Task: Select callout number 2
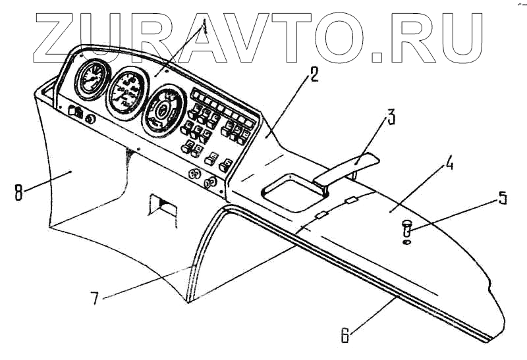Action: pos(314,74)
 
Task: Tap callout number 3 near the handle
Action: pos(391,119)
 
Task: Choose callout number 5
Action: pos(503,197)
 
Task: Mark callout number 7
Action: pos(96,297)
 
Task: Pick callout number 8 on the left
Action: pos(18,193)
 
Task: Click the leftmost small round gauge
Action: pos(90,80)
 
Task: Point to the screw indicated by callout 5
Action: pos(406,228)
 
